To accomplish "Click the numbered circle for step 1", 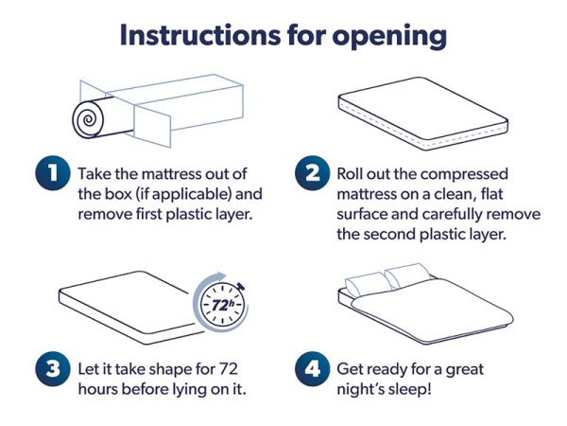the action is pyautogui.click(x=52, y=173).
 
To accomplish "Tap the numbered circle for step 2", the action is pyautogui.click(x=312, y=173).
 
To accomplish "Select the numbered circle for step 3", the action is pyautogui.click(x=52, y=369).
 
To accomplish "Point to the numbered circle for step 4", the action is pyautogui.click(x=312, y=369).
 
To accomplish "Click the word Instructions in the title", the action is pyautogui.click(x=200, y=35).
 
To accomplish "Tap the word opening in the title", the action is pyautogui.click(x=389, y=37).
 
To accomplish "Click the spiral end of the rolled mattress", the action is pyautogui.click(x=88, y=120).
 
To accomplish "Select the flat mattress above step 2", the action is pyautogui.click(x=423, y=114).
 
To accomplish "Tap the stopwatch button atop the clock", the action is pyautogui.click(x=240, y=286).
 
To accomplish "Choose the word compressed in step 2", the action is pyautogui.click(x=464, y=174).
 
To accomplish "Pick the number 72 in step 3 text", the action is pyautogui.click(x=229, y=369).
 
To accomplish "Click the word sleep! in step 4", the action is pyautogui.click(x=409, y=390).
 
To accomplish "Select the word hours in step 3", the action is pyautogui.click(x=97, y=389).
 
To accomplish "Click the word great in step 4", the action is pyautogui.click(x=465, y=370).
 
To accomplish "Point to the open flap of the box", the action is pyautogui.click(x=152, y=125).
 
